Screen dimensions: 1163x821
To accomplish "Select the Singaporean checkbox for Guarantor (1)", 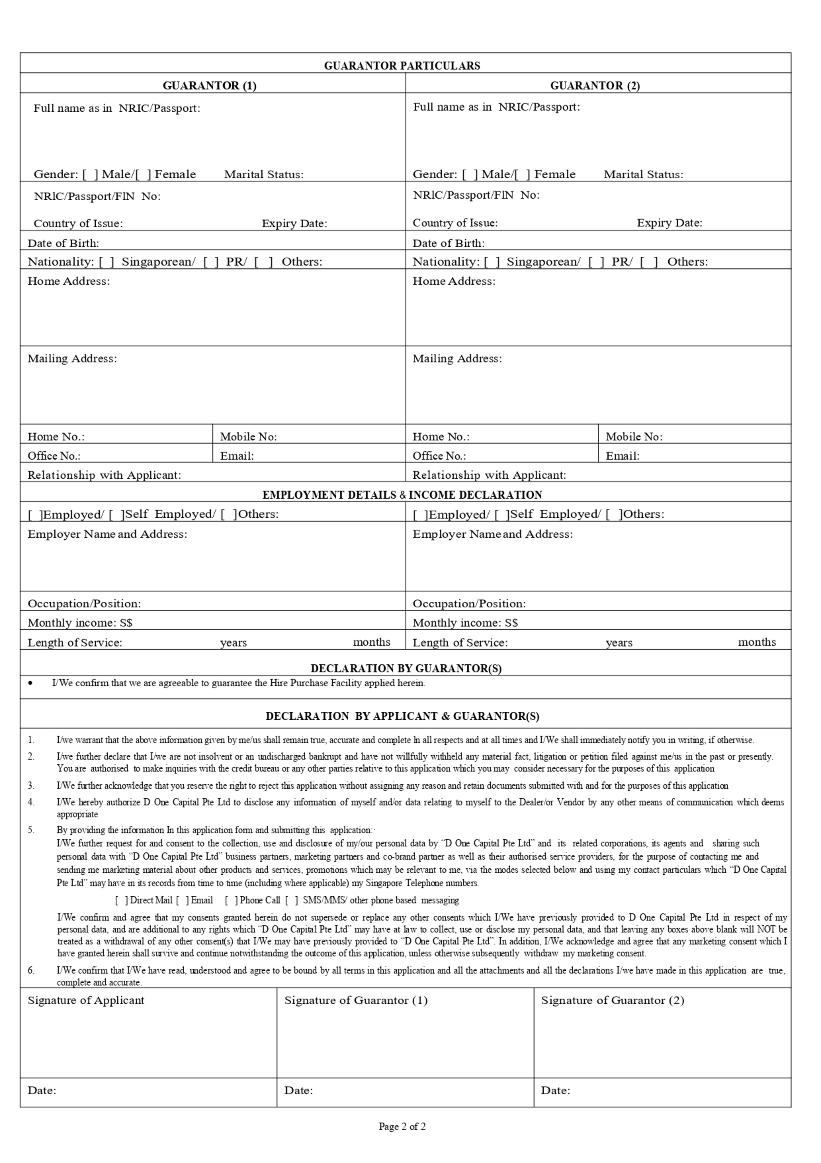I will [107, 262].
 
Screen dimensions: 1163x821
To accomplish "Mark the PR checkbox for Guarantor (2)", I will [596, 262].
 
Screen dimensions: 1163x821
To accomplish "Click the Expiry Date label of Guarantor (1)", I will [294, 224].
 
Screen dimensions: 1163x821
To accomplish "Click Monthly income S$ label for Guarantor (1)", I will [80, 623].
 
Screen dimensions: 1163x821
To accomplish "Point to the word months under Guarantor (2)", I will [756, 642].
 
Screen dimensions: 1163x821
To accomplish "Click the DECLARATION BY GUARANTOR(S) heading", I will [406, 669].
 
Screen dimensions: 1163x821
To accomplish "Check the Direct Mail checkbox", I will [121, 900].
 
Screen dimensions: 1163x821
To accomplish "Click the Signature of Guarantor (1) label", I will [356, 1000].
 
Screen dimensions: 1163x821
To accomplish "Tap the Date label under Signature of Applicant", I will [42, 1090].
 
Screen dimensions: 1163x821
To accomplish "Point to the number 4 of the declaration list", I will [31, 802].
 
